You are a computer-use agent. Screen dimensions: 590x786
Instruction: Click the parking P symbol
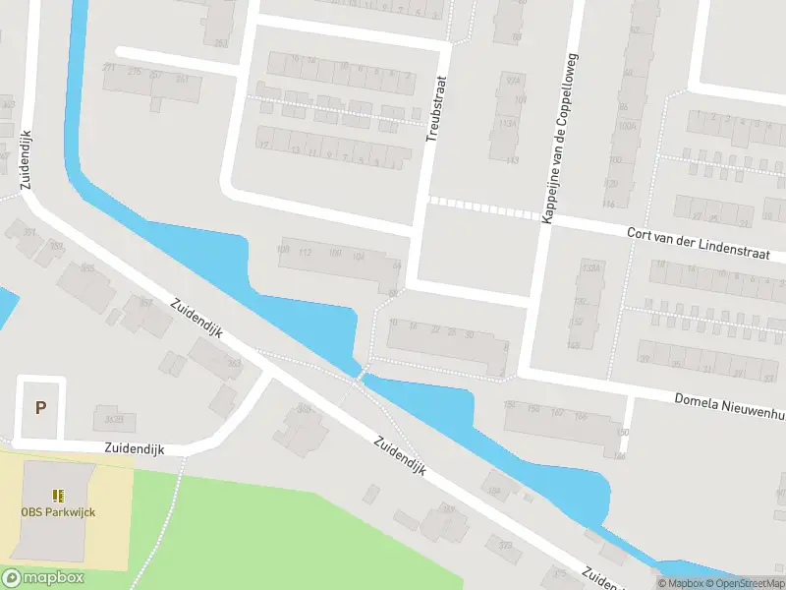40,407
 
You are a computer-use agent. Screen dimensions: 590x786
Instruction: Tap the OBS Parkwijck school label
58,511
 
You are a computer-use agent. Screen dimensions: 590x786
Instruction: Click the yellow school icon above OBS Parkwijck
58,495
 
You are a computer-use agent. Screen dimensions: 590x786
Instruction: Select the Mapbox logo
43,578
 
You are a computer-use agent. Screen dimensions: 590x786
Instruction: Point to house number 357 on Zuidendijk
146,303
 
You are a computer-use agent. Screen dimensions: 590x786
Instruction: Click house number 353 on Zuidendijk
234,364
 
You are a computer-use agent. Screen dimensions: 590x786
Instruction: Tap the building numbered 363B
114,421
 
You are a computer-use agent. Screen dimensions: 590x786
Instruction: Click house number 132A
590,266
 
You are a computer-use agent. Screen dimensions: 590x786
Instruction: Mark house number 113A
509,124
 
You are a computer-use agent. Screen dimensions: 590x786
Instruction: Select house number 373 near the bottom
505,544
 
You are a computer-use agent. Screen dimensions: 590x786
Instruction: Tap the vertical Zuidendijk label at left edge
25,159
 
